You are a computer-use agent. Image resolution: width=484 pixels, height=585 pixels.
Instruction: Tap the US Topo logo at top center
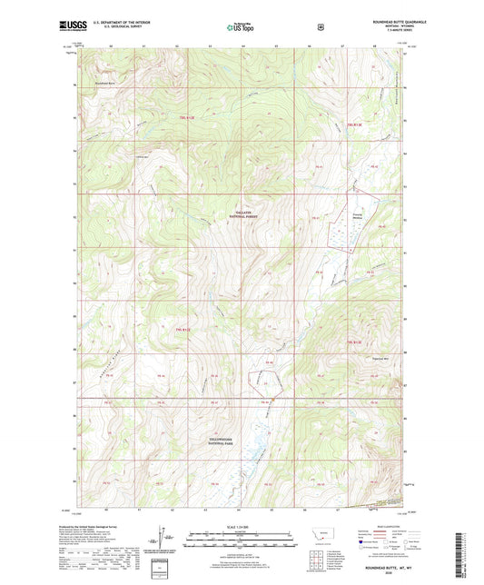[x=242, y=27]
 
